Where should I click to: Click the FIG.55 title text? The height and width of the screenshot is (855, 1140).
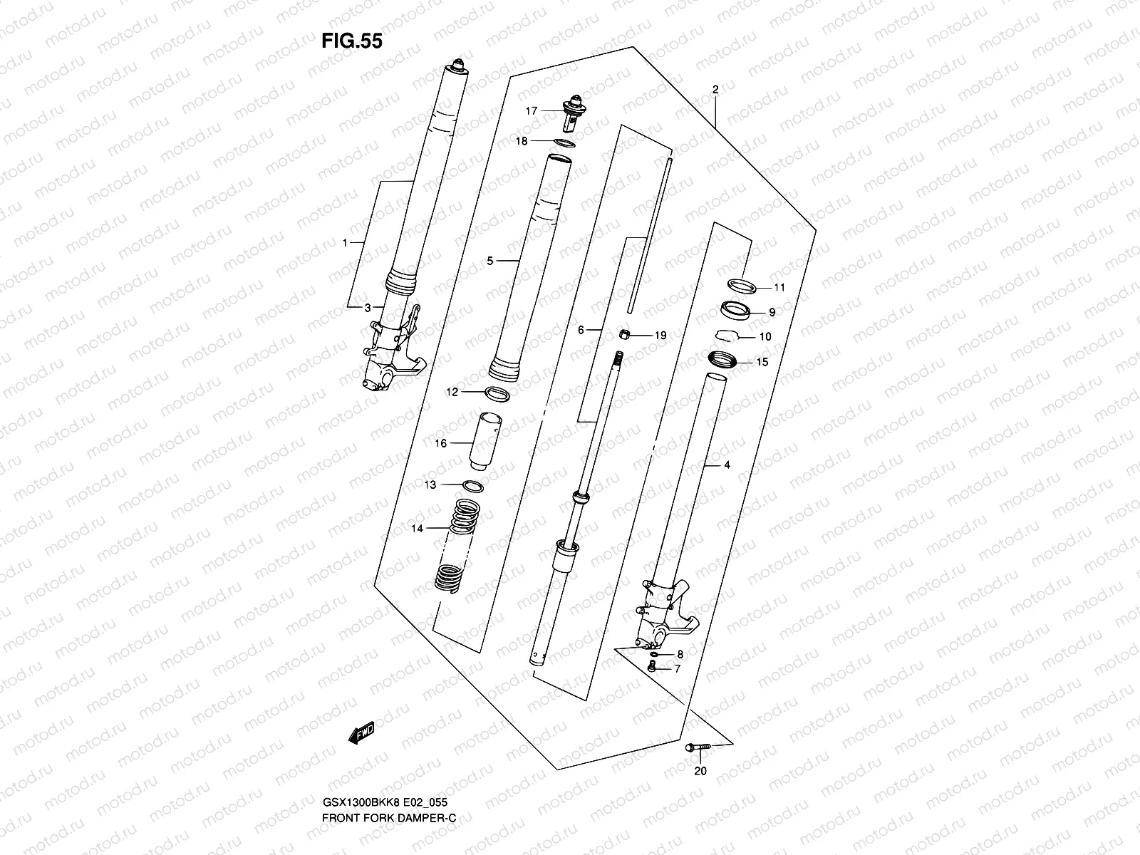[351, 41]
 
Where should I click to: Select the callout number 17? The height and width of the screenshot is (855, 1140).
[531, 110]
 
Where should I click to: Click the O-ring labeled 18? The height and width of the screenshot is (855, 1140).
[564, 142]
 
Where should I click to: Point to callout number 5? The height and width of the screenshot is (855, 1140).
[490, 261]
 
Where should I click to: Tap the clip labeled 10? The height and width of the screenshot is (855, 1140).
[727, 335]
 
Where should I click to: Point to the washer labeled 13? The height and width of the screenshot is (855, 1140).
[472, 486]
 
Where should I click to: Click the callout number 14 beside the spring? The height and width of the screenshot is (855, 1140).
[418, 528]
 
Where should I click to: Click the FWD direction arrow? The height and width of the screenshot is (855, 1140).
[361, 734]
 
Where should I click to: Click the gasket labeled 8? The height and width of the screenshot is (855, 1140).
[653, 653]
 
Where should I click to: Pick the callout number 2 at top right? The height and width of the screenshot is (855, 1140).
[715, 90]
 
